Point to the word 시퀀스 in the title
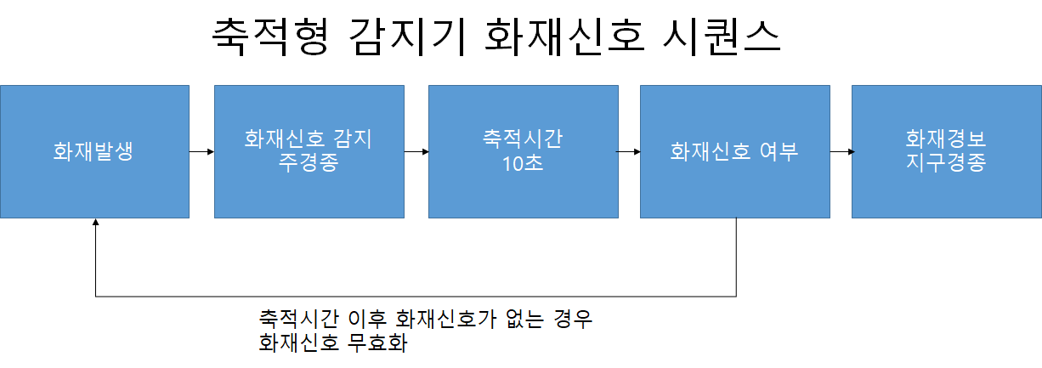(722, 38)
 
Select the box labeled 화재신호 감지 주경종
(308, 152)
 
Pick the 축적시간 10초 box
(523, 152)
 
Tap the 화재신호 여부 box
(734, 152)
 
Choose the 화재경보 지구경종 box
(946, 152)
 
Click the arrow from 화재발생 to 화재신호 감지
(202, 152)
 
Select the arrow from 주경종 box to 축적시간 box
(416, 152)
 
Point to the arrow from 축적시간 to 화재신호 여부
(628, 152)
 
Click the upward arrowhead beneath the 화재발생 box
(96, 222)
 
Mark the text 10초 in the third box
(523, 163)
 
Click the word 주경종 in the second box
(308, 163)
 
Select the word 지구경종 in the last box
(946, 163)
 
